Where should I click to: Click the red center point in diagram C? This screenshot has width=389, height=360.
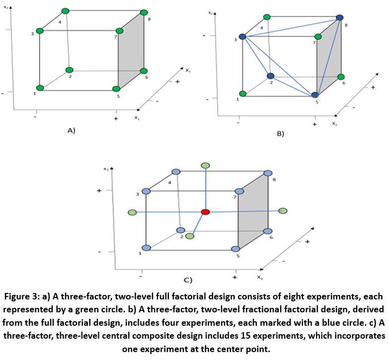(x=205, y=212)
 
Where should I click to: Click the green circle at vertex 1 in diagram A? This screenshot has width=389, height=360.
(x=40, y=88)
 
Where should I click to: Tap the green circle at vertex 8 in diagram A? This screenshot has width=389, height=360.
(x=144, y=12)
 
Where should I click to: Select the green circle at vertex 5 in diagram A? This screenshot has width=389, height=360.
(x=116, y=89)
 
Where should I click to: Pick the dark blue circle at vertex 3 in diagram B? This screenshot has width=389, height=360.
(x=242, y=37)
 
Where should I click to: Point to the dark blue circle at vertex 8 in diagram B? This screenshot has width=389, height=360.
(x=340, y=17)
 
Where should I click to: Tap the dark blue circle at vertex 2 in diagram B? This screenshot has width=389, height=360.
(x=270, y=76)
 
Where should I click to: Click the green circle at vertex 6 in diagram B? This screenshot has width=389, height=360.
(x=340, y=76)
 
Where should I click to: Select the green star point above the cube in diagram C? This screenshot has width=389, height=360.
(x=205, y=165)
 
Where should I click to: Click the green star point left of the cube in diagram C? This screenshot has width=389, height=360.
(x=132, y=213)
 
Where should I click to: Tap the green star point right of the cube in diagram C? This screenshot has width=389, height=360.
(x=283, y=211)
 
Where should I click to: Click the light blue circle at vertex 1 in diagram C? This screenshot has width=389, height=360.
(x=146, y=248)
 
